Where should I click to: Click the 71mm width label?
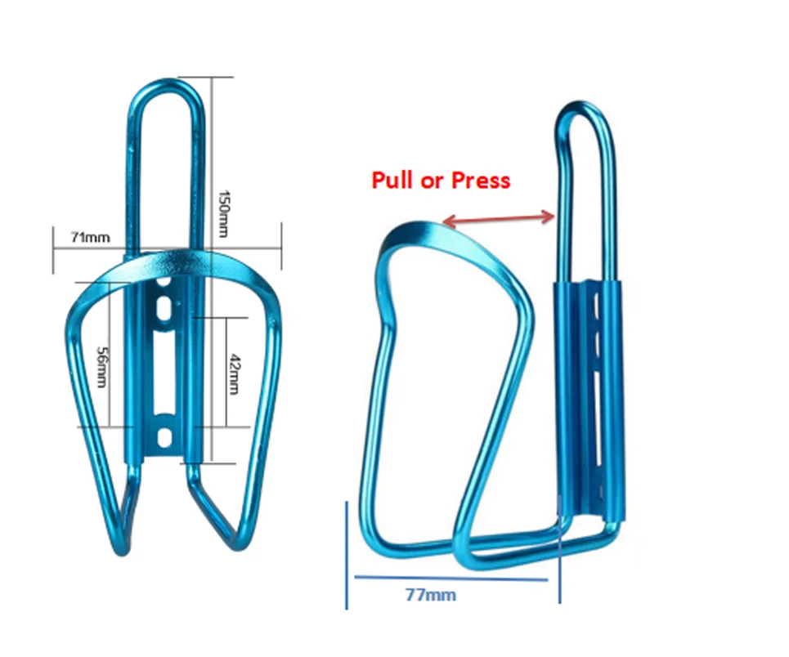(90, 238)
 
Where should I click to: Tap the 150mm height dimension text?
(222, 214)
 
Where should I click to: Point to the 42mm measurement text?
(234, 373)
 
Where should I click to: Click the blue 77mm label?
(430, 595)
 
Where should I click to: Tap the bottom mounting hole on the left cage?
(164, 436)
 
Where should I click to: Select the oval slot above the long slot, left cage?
(164, 310)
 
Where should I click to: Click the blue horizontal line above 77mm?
(451, 579)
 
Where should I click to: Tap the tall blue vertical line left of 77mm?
(347, 556)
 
